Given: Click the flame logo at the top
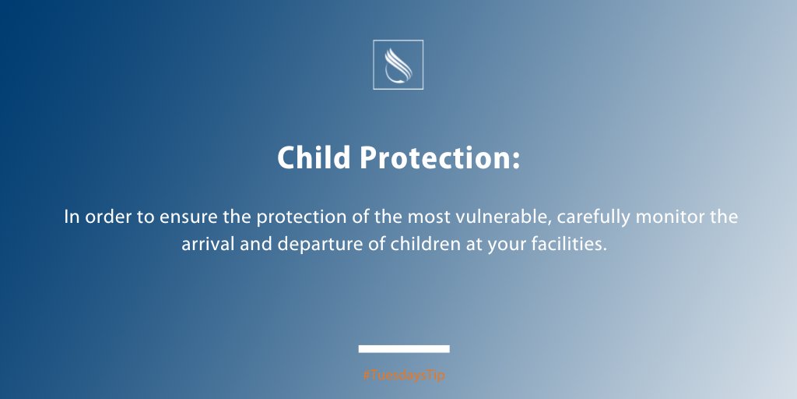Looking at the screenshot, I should pos(398,65).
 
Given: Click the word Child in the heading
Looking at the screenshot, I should pos(314,159).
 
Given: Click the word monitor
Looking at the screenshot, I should pos(669,217).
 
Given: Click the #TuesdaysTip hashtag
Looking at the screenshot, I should pos(404,376).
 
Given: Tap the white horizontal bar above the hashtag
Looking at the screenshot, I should pos(404,348).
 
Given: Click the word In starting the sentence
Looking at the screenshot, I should pos(72,217).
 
